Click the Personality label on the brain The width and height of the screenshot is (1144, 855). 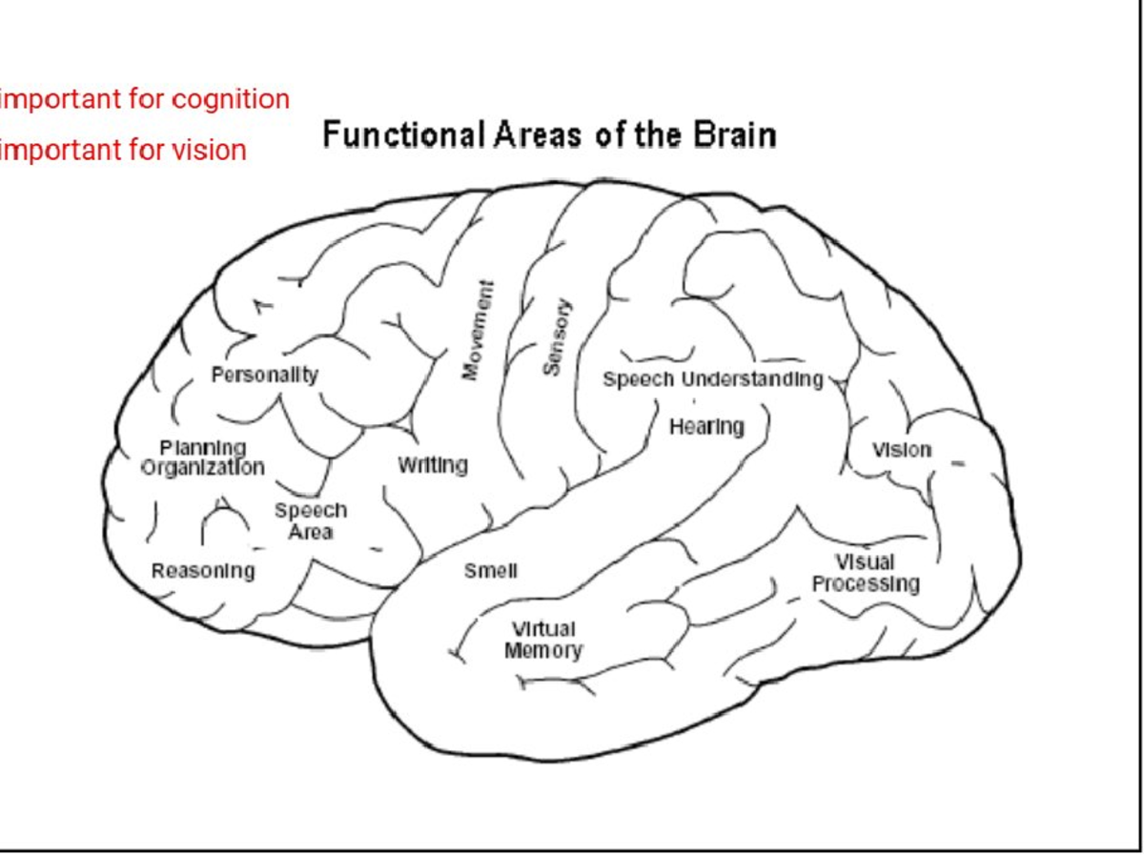pyautogui.click(x=264, y=375)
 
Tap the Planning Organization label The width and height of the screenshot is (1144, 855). pyautogui.click(x=202, y=458)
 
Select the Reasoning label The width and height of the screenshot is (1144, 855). pyautogui.click(x=203, y=571)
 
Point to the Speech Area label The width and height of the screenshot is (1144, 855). pyautogui.click(x=311, y=520)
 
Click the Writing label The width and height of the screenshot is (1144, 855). pyautogui.click(x=433, y=465)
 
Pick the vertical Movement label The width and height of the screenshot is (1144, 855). pyautogui.click(x=479, y=330)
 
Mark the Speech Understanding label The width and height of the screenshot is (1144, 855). pyautogui.click(x=712, y=379)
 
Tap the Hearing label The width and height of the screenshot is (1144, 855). pyautogui.click(x=706, y=427)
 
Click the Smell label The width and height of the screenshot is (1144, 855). pyautogui.click(x=491, y=571)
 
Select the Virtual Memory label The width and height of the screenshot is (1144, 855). pyautogui.click(x=543, y=641)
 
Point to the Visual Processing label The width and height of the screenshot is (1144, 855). pyautogui.click(x=866, y=573)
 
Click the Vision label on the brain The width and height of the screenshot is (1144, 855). pyautogui.click(x=902, y=449)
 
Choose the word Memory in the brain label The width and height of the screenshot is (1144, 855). pyautogui.click(x=543, y=652)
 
